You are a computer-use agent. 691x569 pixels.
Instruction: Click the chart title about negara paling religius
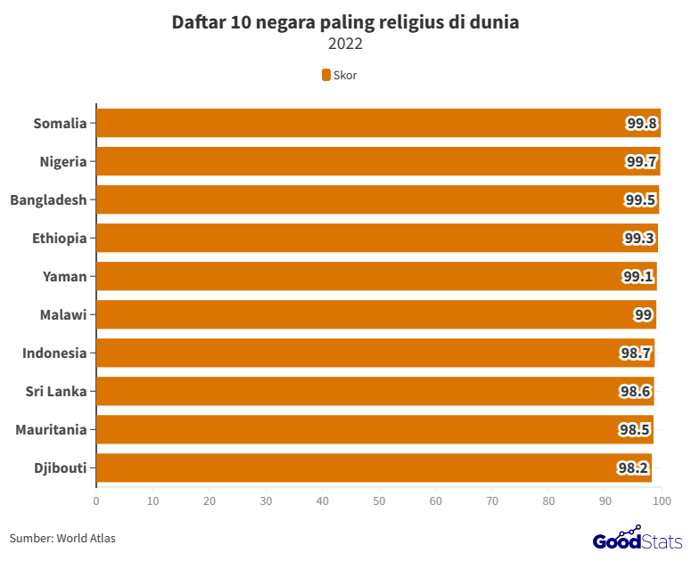345,23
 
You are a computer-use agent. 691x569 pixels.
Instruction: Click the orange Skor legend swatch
326,75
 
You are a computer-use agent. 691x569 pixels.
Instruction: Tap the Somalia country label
60,123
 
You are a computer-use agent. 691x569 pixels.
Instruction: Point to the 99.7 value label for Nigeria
641,161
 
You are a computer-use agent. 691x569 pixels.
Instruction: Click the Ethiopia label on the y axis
59,238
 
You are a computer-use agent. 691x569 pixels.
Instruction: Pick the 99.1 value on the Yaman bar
638,276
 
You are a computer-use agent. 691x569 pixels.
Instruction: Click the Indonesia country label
54,353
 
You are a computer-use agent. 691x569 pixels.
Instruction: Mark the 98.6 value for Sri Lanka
636,391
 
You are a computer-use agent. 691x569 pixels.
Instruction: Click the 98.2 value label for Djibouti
634,467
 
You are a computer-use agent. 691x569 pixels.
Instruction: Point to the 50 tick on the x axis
379,501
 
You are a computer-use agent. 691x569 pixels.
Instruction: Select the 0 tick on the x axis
96,501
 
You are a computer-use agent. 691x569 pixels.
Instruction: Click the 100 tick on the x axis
662,501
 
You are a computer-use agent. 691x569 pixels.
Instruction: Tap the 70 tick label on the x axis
492,501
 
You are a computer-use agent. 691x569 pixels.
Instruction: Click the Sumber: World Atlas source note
62,538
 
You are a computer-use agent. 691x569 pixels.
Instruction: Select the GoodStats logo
638,540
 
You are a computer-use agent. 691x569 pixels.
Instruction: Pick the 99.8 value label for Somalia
642,123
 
